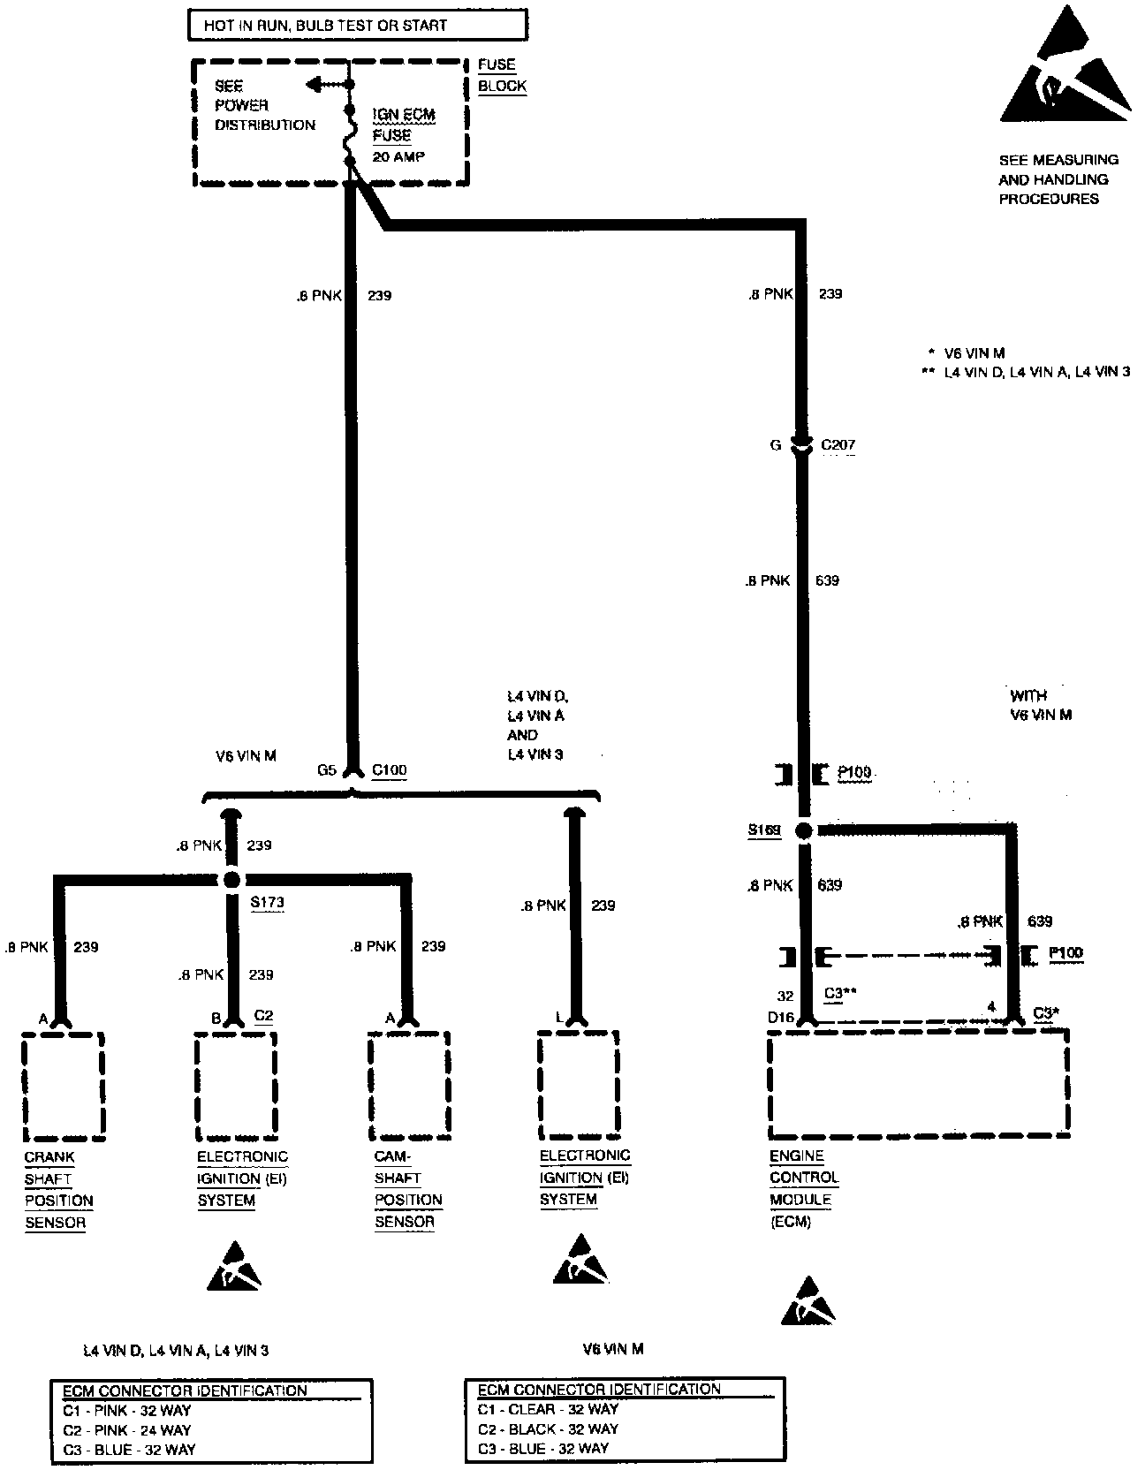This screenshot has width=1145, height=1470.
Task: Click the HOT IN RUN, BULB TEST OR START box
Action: pyautogui.click(x=358, y=25)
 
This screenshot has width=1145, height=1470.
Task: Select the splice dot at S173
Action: pyautogui.click(x=231, y=880)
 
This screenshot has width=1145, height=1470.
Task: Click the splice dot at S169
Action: pyautogui.click(x=803, y=830)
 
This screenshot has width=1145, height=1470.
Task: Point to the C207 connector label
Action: pyautogui.click(x=838, y=445)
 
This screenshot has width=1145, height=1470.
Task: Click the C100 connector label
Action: pyautogui.click(x=389, y=770)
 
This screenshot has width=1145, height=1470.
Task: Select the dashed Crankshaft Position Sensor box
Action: pyautogui.click(x=64, y=1086)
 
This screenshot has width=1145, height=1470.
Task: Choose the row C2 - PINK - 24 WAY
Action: pyautogui.click(x=126, y=1430)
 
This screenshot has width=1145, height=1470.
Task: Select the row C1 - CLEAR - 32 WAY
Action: pyautogui.click(x=548, y=1409)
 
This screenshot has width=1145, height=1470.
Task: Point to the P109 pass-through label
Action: pyautogui.click(x=854, y=774)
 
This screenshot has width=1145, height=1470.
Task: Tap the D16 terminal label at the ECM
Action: pyautogui.click(x=780, y=1019)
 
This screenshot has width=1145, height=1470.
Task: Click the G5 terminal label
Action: pyautogui.click(x=327, y=770)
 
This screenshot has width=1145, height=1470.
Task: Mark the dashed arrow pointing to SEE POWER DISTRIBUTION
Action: pyautogui.click(x=325, y=85)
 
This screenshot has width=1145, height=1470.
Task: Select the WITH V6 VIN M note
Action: pyautogui.click(x=1041, y=705)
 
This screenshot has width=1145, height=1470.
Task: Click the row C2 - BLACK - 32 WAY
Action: pyautogui.click(x=548, y=1428)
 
